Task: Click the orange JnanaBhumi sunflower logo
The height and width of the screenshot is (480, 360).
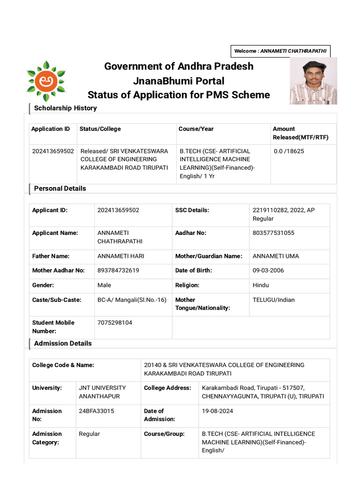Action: [46, 81]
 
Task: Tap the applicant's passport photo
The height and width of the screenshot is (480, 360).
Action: [313, 81]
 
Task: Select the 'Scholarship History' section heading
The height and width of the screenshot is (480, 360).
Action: [65, 108]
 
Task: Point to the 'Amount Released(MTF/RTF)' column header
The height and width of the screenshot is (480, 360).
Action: [300, 133]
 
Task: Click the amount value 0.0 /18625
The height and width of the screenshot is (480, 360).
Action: [289, 151]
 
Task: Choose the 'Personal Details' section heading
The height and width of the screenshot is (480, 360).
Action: [60, 188]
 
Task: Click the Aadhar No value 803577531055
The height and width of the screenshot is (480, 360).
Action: [273, 233]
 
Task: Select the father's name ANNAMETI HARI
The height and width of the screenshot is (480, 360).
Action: [120, 256]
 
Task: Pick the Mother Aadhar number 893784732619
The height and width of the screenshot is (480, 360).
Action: [118, 270]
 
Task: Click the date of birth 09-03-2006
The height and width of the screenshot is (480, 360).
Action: [268, 270]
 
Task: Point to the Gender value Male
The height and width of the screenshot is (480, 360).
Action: [104, 285]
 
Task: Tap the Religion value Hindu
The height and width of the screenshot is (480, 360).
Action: [261, 285]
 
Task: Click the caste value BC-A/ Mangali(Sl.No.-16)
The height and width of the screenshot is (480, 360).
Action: [132, 300]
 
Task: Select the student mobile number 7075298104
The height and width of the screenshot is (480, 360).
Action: [114, 323]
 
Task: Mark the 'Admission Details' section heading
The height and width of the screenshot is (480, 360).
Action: [63, 344]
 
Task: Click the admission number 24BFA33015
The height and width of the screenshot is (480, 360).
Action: [96, 411]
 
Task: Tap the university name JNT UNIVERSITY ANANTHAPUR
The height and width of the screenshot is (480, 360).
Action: [102, 392]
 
